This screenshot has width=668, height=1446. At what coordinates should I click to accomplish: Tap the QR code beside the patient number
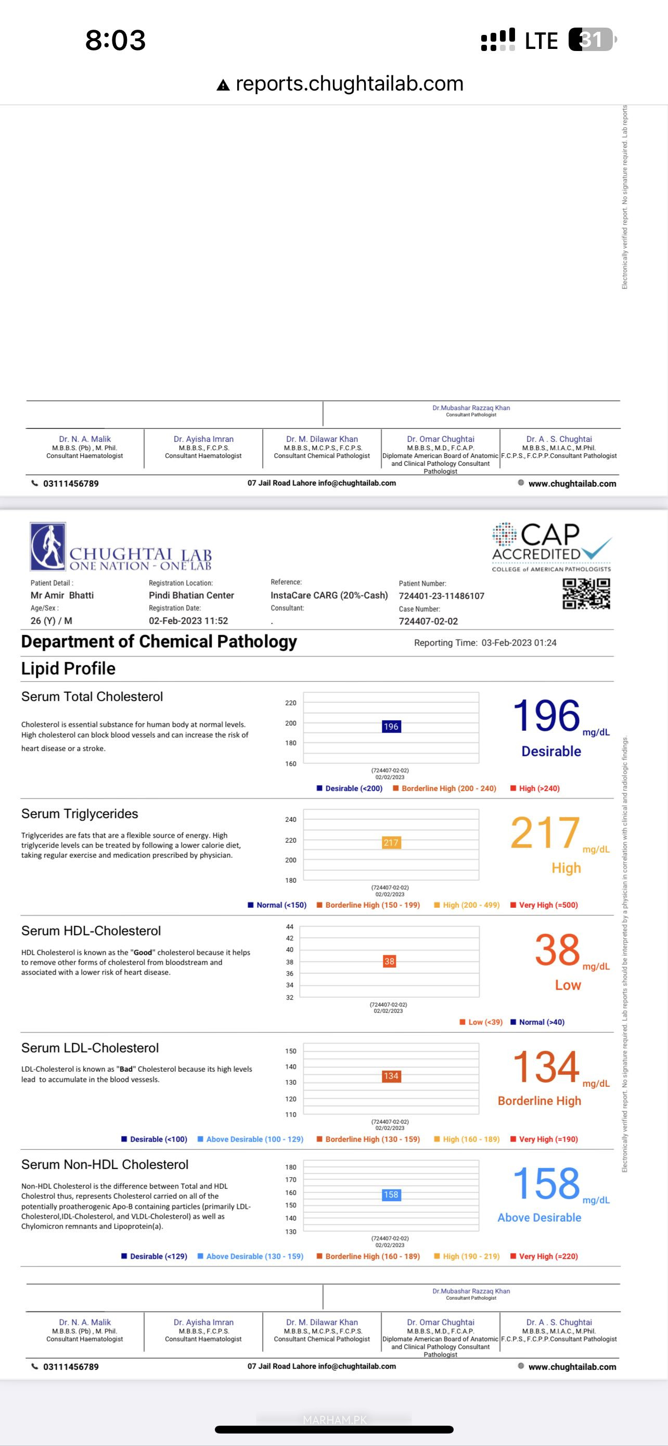(586, 593)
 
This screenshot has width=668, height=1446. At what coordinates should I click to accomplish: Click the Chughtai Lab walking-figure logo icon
(48, 546)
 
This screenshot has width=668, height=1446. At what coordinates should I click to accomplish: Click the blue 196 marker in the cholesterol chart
(391, 726)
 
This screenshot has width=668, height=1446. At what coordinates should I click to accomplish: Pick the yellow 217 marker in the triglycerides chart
(391, 843)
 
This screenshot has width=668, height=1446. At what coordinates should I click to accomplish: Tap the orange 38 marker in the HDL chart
(389, 961)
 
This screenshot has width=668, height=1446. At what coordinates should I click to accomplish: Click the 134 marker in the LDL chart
(391, 1076)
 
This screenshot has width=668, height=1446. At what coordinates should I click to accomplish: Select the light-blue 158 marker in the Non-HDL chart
(391, 1195)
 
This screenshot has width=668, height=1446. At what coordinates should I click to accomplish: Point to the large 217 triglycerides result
(545, 833)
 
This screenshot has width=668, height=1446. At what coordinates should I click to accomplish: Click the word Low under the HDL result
(568, 985)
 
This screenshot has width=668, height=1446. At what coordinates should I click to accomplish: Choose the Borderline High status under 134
(539, 1101)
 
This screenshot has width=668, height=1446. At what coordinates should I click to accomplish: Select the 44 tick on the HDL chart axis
(289, 927)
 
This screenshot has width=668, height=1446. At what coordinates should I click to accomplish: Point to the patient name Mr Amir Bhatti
(62, 595)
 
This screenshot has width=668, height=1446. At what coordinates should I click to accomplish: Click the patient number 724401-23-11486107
(441, 595)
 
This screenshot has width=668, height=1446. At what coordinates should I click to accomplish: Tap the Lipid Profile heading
(69, 668)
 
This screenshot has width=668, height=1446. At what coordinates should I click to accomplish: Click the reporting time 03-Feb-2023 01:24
(519, 643)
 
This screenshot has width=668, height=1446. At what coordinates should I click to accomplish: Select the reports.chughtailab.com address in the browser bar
(350, 84)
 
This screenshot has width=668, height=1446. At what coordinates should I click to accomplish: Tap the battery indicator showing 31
(592, 40)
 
